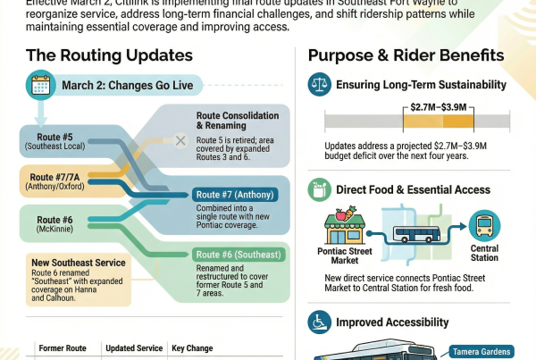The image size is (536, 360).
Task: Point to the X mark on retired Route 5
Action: [x=180, y=140]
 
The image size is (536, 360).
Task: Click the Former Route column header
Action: [x=61, y=347]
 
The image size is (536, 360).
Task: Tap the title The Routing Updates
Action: [x=109, y=55]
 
